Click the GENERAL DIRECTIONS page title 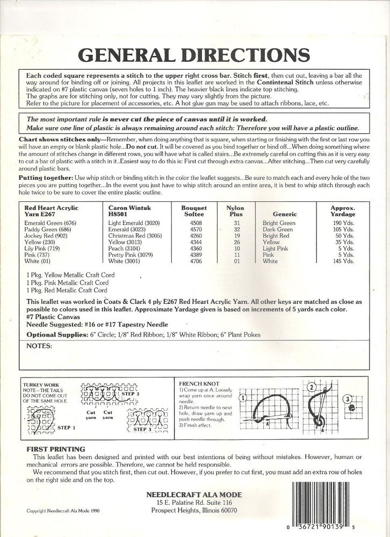(193, 54)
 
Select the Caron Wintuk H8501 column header (129, 211)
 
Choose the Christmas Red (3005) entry (135, 235)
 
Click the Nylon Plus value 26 (236, 242)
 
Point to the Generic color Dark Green (278, 229)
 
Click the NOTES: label (40, 346)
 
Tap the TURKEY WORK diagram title (40, 385)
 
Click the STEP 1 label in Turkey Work (66, 428)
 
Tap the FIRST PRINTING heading (56, 448)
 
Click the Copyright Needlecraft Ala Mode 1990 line (63, 511)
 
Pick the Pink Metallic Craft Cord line (68, 282)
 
